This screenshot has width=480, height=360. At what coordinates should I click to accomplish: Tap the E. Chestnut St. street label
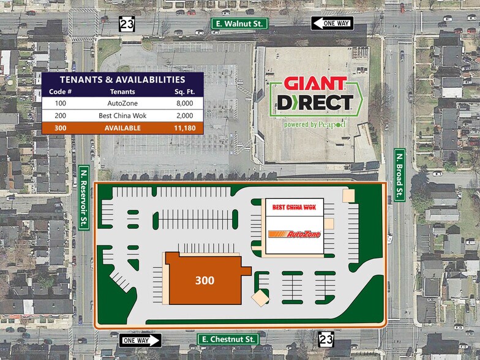(x=228, y=339)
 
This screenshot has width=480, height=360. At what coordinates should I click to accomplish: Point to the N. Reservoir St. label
(x=84, y=197)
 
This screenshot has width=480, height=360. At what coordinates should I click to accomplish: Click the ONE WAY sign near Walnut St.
(x=331, y=23)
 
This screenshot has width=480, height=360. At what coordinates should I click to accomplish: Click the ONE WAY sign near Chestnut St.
(x=140, y=340)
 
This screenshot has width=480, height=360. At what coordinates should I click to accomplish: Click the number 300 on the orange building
(x=204, y=280)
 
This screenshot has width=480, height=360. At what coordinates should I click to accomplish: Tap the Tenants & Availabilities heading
(x=122, y=80)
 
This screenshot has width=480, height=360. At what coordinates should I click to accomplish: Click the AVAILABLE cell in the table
(x=121, y=128)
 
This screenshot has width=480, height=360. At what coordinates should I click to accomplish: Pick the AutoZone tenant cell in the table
(x=121, y=103)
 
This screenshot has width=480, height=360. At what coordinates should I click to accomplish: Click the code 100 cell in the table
(x=60, y=103)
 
